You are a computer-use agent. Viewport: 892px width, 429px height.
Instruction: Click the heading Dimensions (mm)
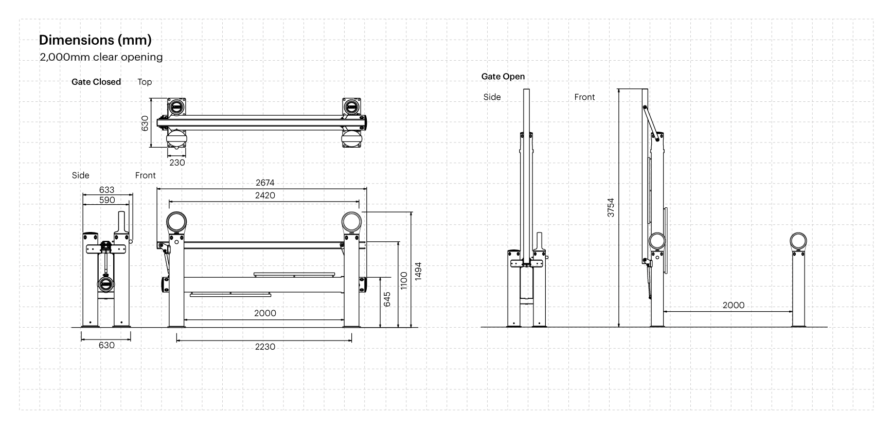coord(95,40)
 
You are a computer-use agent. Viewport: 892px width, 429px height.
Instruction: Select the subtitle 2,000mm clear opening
coord(101,57)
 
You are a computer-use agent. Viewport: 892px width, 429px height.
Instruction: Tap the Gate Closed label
coord(96,82)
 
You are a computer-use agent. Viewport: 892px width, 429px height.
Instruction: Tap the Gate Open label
coord(503,77)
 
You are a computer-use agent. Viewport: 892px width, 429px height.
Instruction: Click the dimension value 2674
coord(265,183)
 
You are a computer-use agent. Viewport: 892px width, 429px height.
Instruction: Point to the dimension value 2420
coord(265,195)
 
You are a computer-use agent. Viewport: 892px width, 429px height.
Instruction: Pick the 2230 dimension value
coord(265,347)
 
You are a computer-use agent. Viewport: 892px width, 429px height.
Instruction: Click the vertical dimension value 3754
coord(611,207)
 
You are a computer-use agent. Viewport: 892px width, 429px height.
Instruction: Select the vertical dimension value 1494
coord(418,271)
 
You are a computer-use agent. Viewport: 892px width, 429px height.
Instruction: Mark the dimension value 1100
coord(404,281)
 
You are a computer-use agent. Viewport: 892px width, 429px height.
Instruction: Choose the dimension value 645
coord(387,299)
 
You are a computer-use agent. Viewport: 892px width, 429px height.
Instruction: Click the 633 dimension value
coord(107,190)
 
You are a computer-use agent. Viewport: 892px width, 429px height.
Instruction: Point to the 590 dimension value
coord(107,200)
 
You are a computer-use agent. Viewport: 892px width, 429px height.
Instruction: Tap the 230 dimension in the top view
coord(177,163)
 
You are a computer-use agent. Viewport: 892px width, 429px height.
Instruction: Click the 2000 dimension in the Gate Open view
coord(733,305)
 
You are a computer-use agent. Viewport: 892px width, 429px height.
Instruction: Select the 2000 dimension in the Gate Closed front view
coord(265,313)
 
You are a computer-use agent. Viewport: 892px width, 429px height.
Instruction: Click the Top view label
coord(145,82)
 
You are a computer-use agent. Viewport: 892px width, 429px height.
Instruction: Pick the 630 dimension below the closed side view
coord(106,345)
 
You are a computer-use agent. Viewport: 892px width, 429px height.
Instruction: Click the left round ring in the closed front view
coord(176,222)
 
